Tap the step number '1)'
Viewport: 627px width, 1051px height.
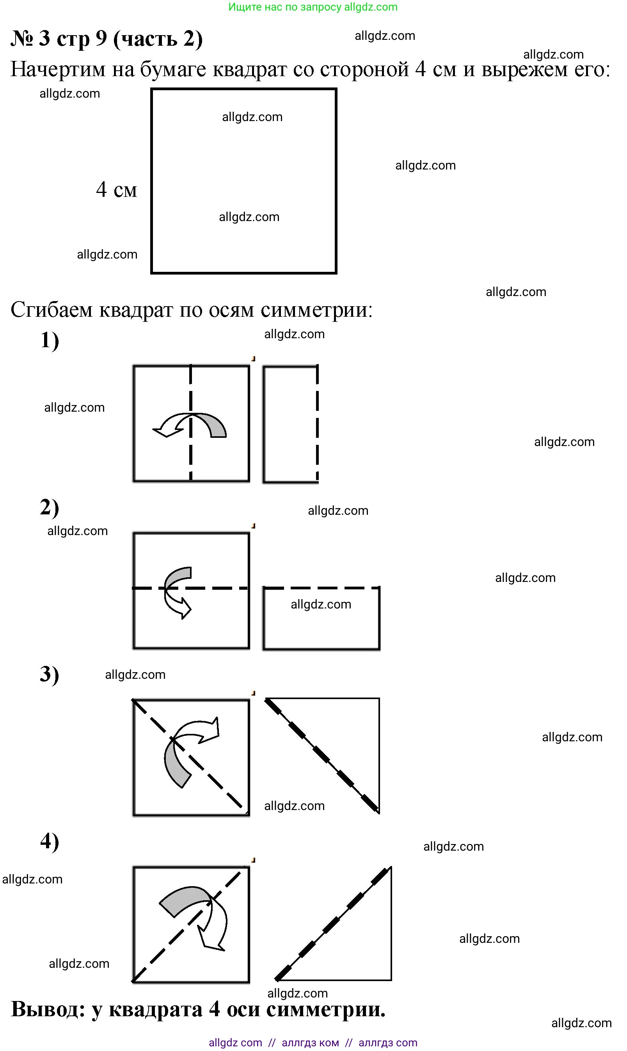coord(50,341)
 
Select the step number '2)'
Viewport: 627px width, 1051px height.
coord(50,507)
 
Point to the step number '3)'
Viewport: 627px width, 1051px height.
coord(50,674)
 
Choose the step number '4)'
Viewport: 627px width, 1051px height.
coord(50,841)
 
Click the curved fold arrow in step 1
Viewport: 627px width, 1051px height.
coord(190,425)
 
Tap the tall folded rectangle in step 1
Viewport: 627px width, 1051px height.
coord(291,424)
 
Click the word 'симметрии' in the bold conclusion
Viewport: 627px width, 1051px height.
coord(325,1010)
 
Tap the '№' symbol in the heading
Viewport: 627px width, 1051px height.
coord(21,39)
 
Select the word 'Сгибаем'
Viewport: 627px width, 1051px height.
coord(51,310)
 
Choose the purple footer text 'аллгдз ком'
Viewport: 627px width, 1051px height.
coord(310,1042)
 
